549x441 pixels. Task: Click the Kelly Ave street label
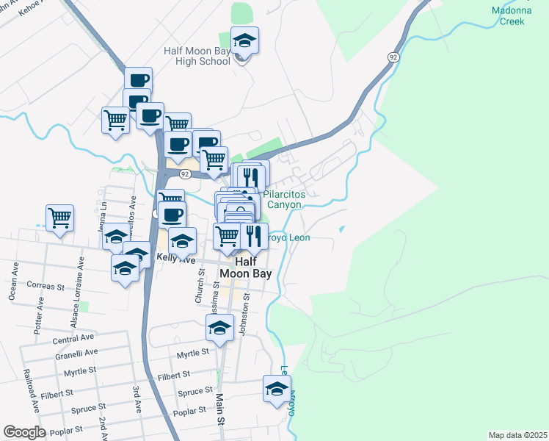(176, 259)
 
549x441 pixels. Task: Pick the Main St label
(219, 409)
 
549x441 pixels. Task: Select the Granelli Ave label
(76, 353)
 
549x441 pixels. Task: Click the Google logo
(24, 432)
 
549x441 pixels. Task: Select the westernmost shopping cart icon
(59, 218)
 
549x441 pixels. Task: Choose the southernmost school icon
(277, 390)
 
